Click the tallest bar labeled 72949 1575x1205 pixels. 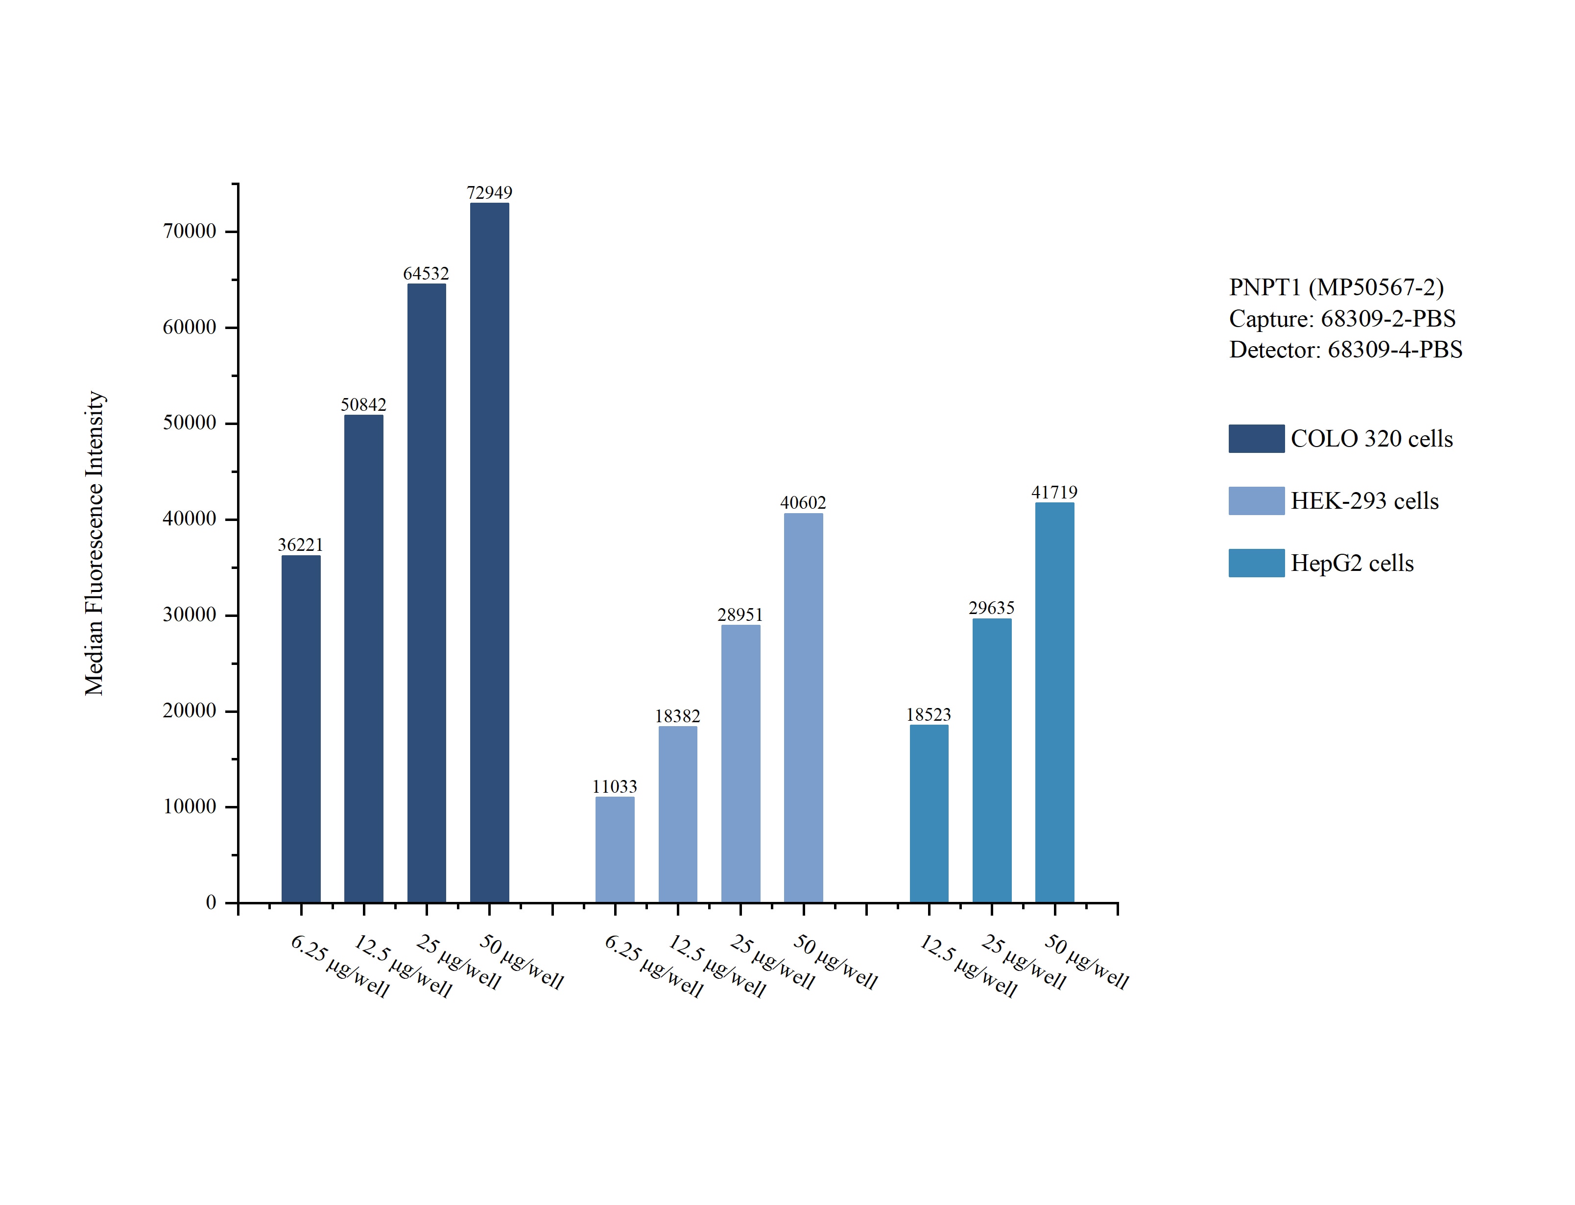(489, 552)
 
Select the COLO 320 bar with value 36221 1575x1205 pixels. (301, 728)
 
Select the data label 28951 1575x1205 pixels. (740, 614)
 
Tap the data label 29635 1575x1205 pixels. (991, 608)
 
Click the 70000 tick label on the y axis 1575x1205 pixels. (190, 231)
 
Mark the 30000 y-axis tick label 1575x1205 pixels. (190, 614)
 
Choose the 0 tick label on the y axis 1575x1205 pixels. (211, 902)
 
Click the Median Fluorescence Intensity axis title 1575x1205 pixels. (95, 543)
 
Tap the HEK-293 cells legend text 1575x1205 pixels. (1364, 500)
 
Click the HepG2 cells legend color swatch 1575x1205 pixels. (1256, 563)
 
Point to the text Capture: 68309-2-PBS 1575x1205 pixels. (1342, 318)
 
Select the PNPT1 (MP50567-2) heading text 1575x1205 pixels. (1336, 287)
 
